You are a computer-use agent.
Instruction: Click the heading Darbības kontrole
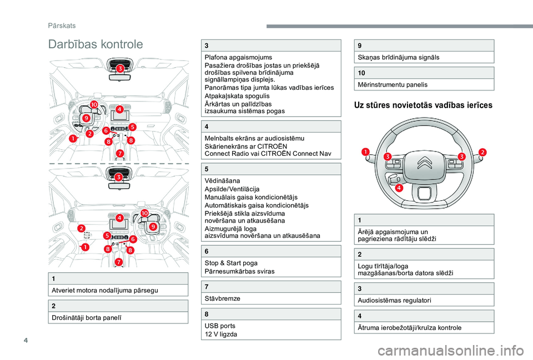[x=95, y=44]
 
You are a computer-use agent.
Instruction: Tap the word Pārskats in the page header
[x=61, y=26]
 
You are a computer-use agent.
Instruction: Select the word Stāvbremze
[x=223, y=298]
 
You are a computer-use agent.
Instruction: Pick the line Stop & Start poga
[x=231, y=262]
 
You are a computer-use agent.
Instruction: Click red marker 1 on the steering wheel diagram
[x=365, y=152]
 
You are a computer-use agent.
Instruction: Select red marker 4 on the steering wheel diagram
[x=399, y=189]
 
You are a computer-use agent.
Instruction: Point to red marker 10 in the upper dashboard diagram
[x=94, y=104]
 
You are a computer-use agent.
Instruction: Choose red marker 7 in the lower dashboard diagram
[x=118, y=262]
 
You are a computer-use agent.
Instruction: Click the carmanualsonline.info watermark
[x=465, y=349]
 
